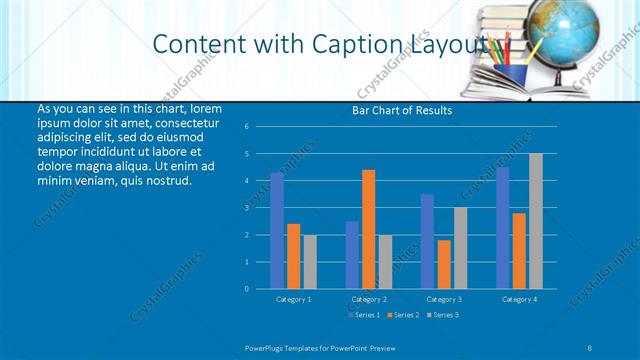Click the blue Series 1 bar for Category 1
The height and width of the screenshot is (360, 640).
(277, 230)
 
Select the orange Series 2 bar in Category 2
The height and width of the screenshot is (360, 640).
(368, 229)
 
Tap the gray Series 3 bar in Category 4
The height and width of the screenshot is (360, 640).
(536, 221)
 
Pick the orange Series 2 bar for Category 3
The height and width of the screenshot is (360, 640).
(444, 264)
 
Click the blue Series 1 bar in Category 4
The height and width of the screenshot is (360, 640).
(502, 228)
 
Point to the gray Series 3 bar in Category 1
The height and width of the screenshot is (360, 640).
(310, 261)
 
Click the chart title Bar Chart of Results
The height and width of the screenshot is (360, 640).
(403, 110)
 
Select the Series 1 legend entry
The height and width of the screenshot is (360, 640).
(364, 315)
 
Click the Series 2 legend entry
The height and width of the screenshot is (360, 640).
(403, 315)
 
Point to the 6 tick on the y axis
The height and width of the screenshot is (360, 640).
(246, 127)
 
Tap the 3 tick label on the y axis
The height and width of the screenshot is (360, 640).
(246, 208)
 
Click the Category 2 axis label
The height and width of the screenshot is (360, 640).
(368, 299)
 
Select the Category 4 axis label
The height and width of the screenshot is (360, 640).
(518, 299)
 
